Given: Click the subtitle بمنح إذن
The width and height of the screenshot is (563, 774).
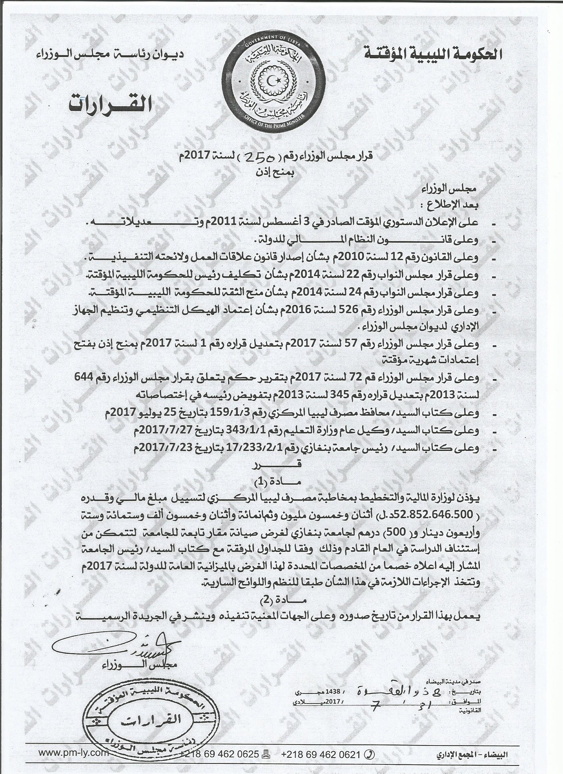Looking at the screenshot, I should pyautogui.click(x=277, y=172).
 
